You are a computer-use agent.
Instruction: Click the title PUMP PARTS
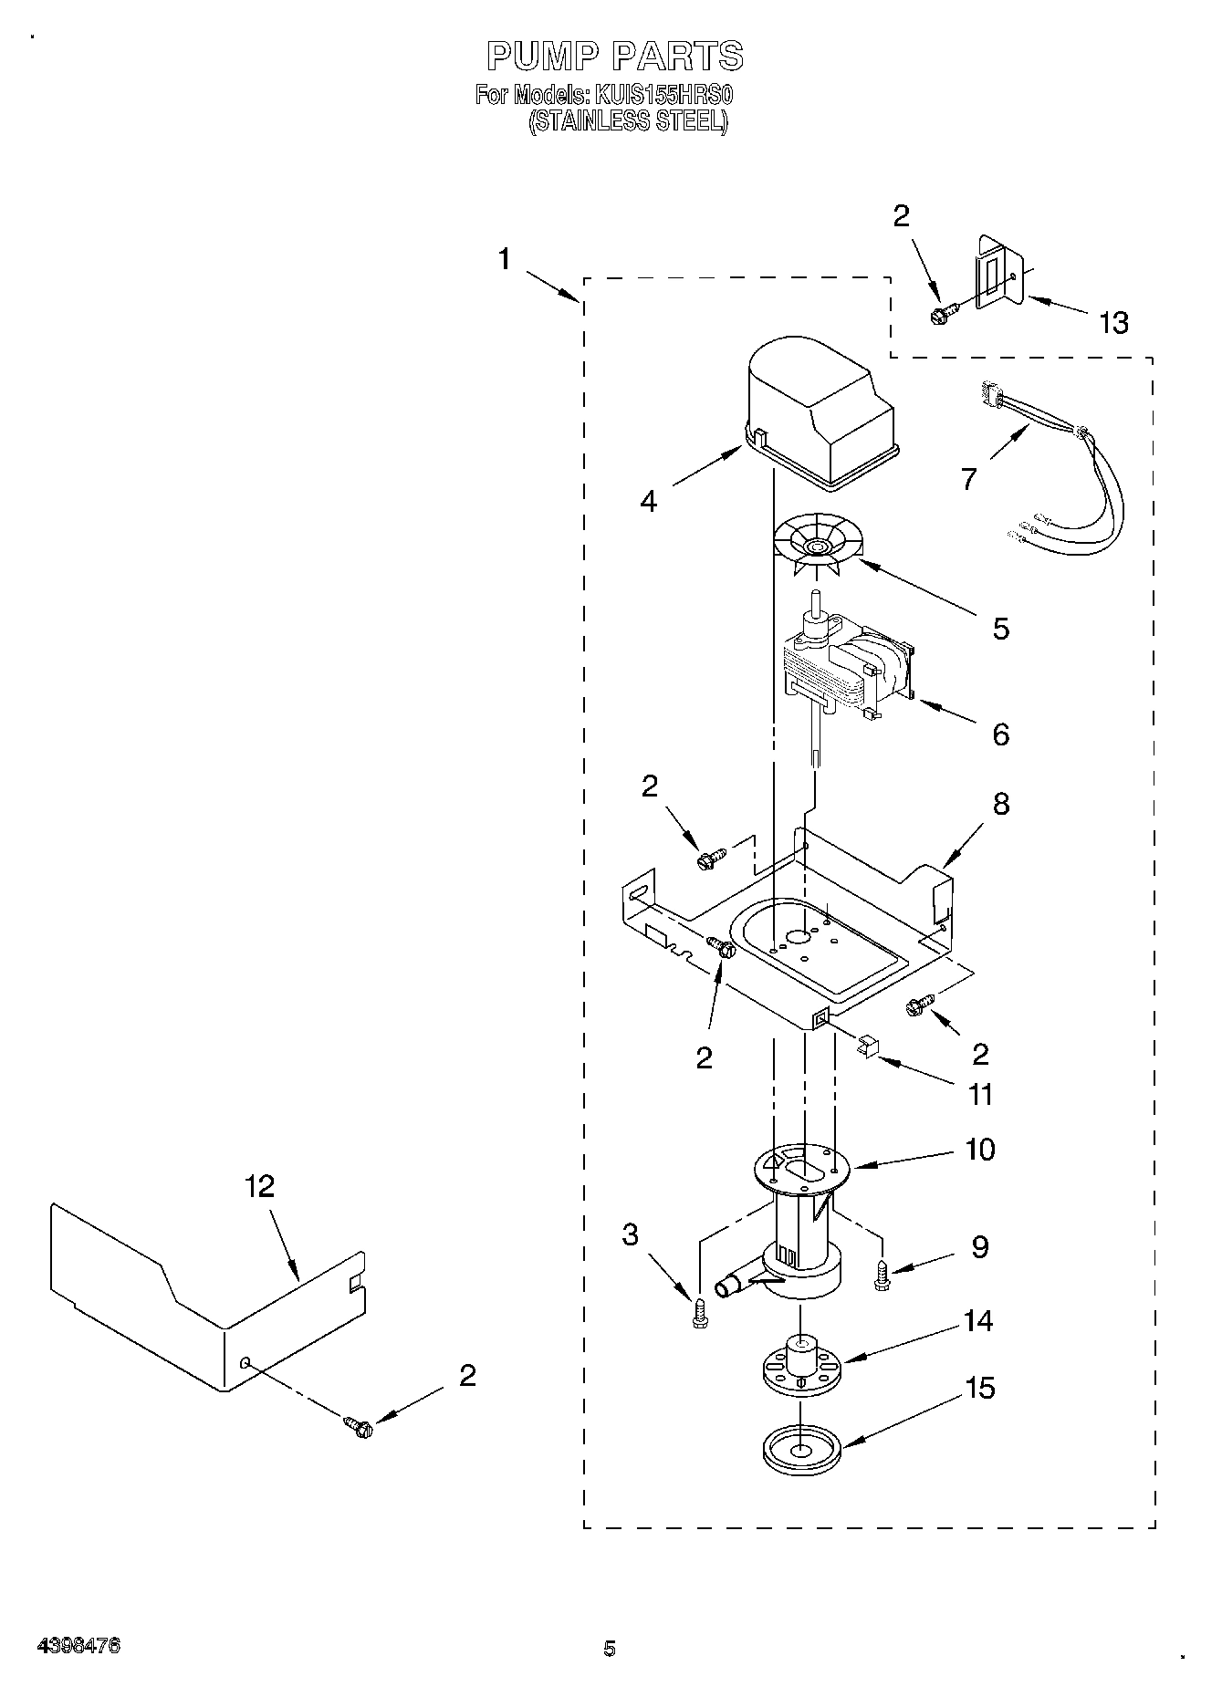[615, 57]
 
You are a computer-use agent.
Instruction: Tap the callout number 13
[1114, 323]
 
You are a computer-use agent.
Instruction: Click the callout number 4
[648, 501]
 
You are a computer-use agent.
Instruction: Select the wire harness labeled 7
[1063, 474]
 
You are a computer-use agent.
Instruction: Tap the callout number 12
[260, 1186]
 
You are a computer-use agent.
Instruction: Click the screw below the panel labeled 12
[358, 1426]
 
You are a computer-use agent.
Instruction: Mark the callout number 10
[980, 1150]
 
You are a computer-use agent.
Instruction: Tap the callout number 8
[1001, 805]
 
